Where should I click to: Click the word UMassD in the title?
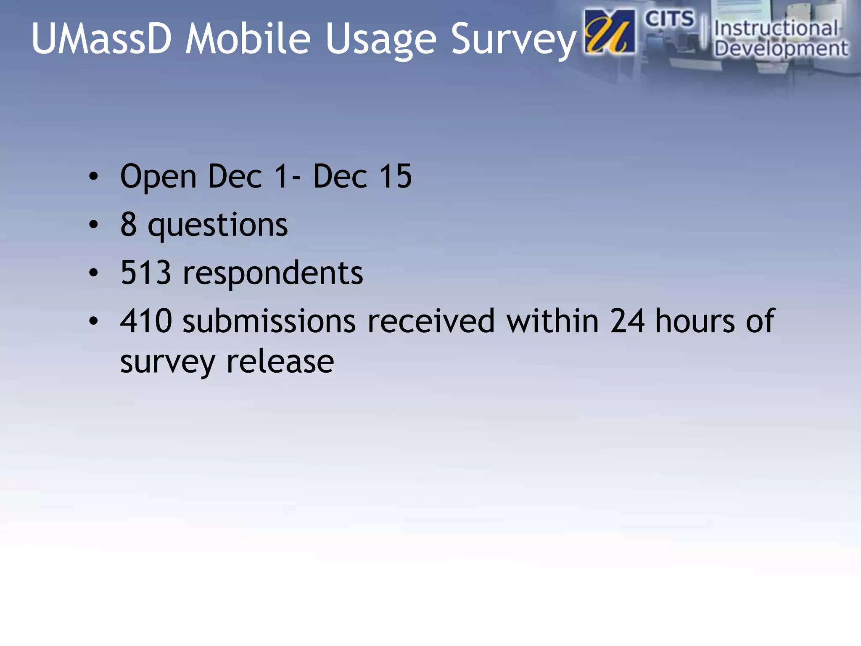101,38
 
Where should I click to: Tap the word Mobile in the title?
248,38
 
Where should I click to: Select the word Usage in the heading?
381,40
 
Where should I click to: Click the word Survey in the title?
514,40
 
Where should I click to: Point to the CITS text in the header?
669,19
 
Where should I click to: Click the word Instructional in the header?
776,29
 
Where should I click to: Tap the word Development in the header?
781,48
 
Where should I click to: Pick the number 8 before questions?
129,224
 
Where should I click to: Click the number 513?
145,273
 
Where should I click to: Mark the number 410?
146,321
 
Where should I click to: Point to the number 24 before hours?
627,321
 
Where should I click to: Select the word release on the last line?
280,362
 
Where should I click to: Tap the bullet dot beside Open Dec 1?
93,177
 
